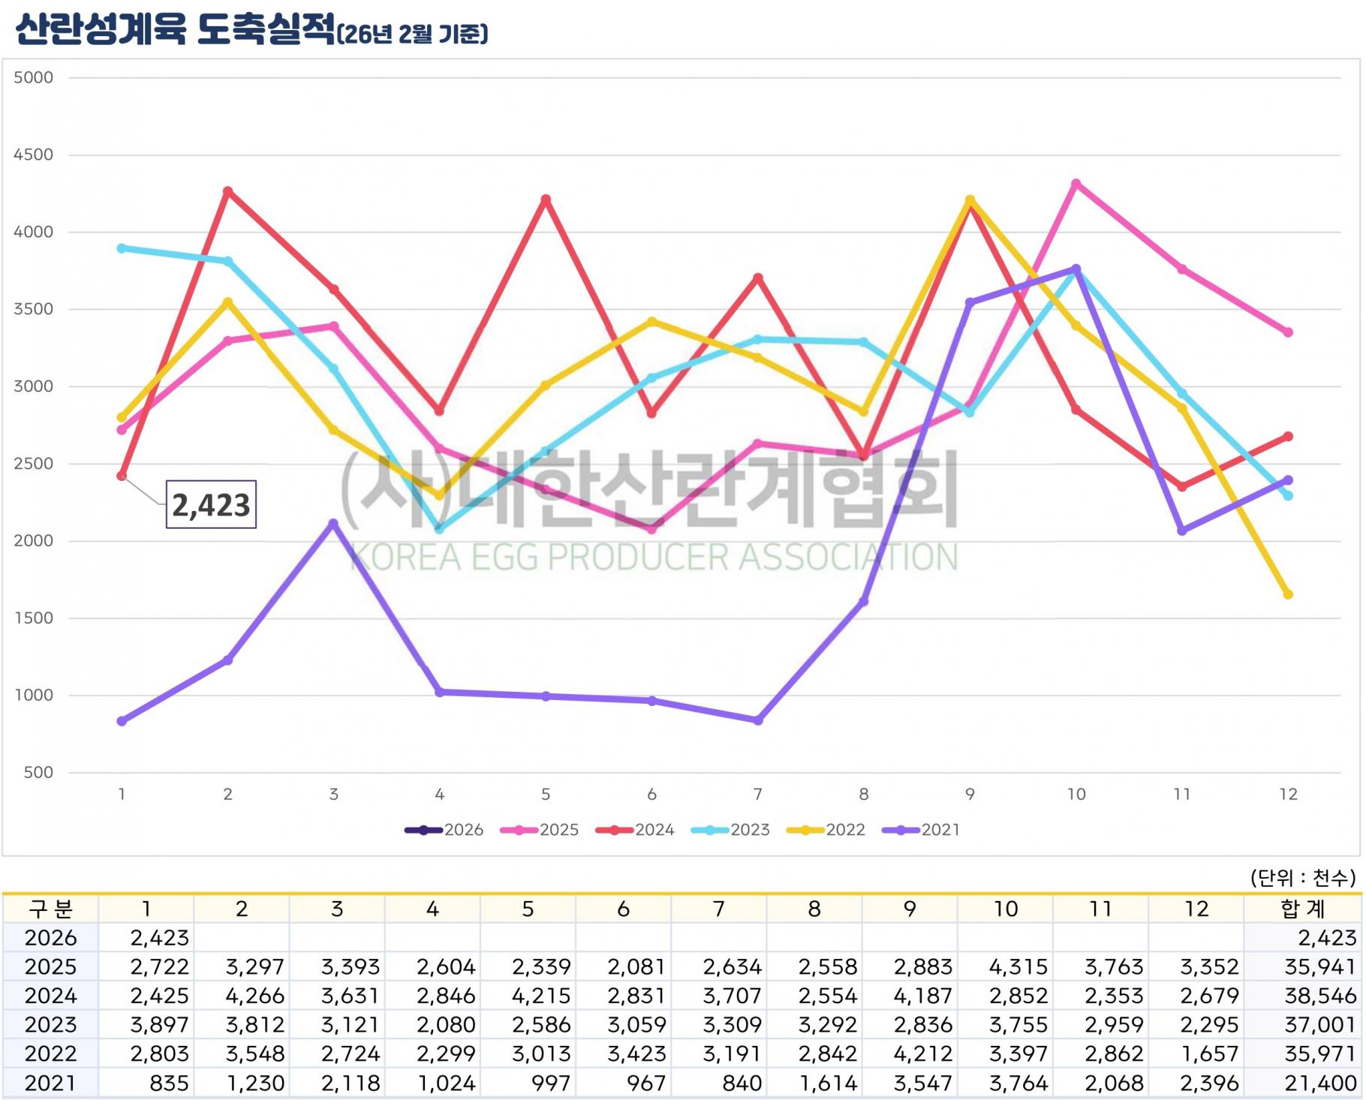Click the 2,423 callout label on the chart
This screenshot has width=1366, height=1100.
pos(211,505)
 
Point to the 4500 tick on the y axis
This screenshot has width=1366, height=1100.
pos(34,155)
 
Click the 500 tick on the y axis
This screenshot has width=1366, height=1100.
pos(38,772)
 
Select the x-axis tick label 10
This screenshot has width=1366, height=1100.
pos(1076,794)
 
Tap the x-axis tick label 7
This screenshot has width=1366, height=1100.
pos(758,794)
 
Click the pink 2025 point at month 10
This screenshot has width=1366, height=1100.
pos(1076,184)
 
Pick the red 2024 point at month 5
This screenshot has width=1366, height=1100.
pos(546,200)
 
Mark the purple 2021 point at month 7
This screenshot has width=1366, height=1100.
pos(758,720)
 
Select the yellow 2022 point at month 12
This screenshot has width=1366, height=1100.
pos(1288,594)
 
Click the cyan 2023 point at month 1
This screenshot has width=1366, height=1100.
pos(122,248)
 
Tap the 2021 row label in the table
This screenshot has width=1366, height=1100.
pos(50,1083)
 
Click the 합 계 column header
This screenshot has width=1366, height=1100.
pos(1302,909)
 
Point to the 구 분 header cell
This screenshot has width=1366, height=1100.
pos(50,909)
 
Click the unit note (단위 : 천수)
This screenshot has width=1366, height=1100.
pos(1302,877)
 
